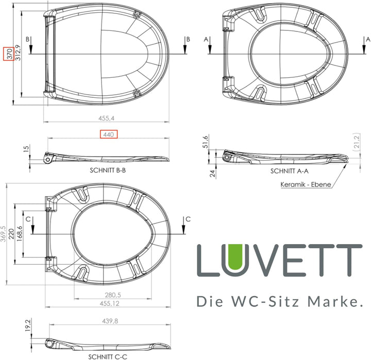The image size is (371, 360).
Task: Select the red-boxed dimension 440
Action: point(108,134)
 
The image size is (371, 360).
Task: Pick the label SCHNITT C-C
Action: point(107,356)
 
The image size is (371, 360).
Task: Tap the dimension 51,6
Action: point(206,141)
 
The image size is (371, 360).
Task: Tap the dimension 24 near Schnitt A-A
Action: point(212,174)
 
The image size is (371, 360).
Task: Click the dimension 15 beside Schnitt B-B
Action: point(26,149)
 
